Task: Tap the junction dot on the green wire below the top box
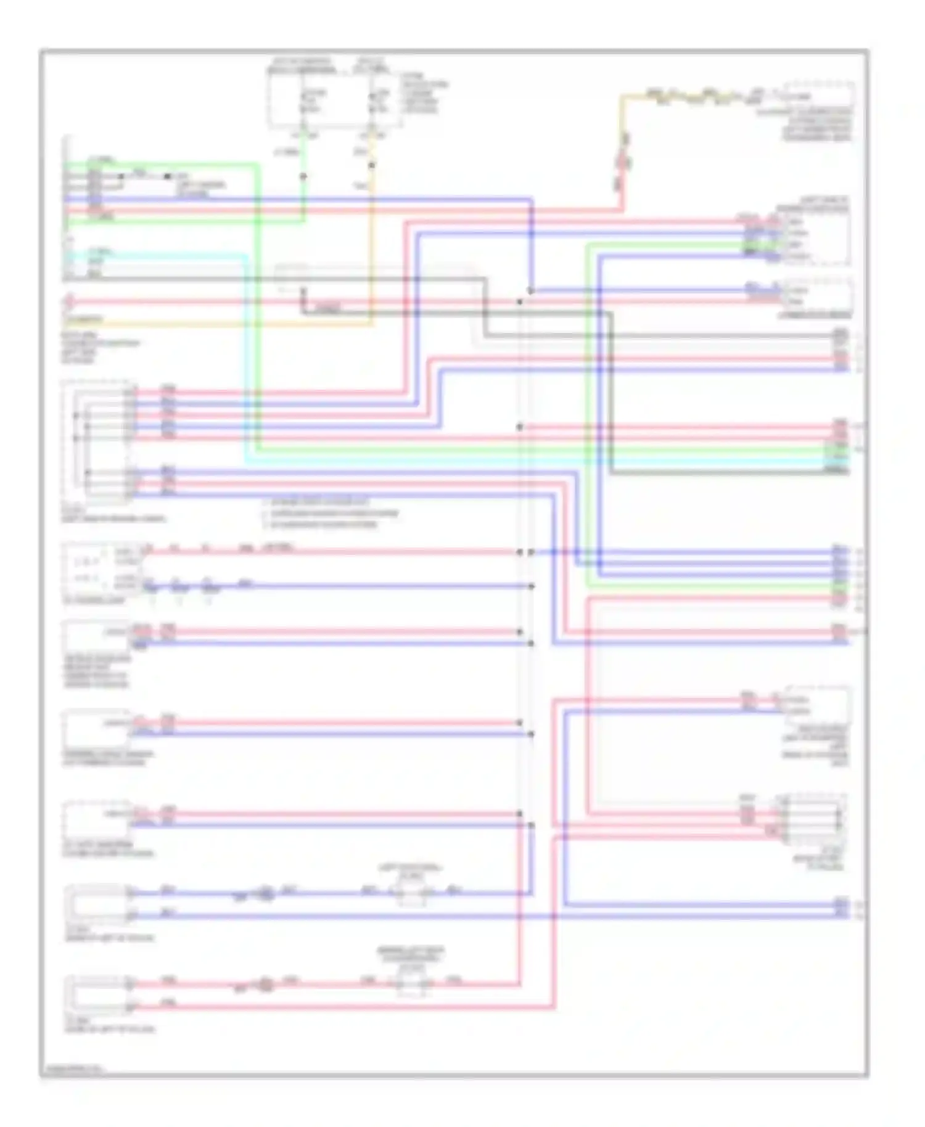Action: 303,176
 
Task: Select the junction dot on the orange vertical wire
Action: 371,165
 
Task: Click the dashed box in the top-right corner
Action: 818,95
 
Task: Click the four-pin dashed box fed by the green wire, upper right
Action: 815,238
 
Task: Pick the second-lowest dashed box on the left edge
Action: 97,904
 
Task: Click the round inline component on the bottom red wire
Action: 266,985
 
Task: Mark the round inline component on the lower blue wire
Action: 266,893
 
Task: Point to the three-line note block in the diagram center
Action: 330,514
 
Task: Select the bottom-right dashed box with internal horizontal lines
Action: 813,820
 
